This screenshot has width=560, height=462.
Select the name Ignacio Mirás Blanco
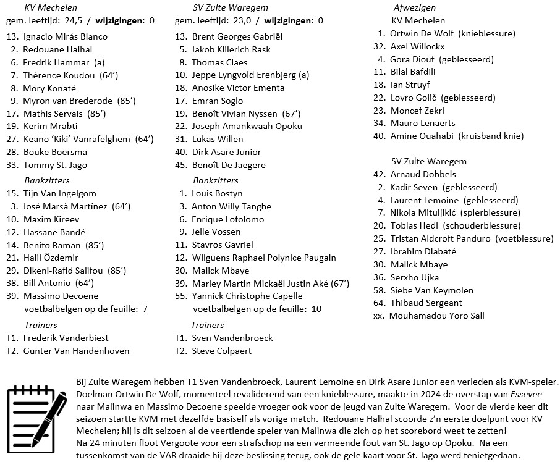coord(65,36)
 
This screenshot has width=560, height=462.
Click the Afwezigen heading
coord(414,8)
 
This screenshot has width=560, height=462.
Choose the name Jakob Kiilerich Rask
coord(231,49)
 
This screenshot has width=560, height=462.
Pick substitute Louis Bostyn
coord(217,193)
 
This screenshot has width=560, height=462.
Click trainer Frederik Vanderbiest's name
coord(66,338)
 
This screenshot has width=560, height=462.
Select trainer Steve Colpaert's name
coord(222,351)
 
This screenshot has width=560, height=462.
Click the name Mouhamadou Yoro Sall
coord(437,316)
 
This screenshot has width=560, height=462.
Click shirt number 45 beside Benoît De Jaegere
coord(180,165)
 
